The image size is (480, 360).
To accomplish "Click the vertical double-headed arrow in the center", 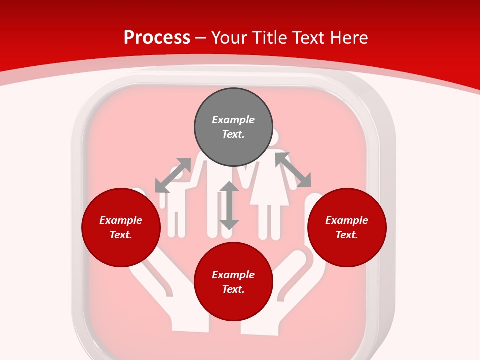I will point(229,205).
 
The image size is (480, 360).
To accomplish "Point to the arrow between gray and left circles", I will point(173,175).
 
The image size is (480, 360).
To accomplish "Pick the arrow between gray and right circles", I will point(293,170).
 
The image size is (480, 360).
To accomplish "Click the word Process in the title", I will point(157,38).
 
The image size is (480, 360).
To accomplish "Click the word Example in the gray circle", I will point(233,120).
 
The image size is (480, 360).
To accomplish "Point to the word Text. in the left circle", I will point(121,235).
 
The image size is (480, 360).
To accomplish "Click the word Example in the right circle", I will point(347,220).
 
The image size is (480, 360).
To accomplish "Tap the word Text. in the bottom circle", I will point(233,289).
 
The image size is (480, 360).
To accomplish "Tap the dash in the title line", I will point(201,38).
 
